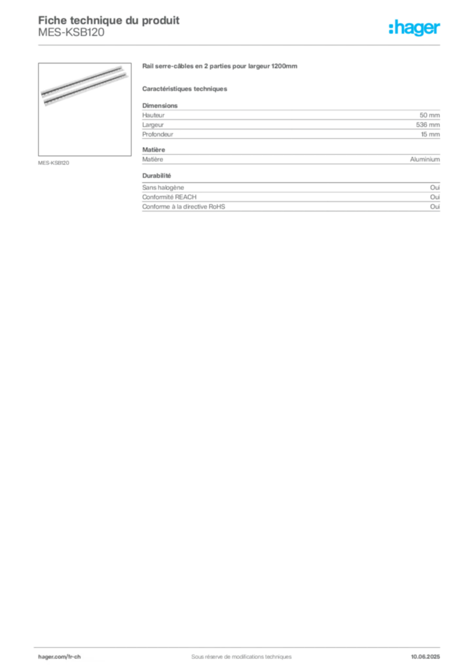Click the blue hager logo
pyautogui.click(x=415, y=29)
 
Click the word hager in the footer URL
pyautogui.click(x=47, y=657)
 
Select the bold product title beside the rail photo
pyautogui.click(x=220, y=67)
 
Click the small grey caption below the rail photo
pyautogui.click(x=55, y=161)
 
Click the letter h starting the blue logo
pyautogui.click(x=392, y=28)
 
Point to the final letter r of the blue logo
pyautogui.click(x=439, y=29)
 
